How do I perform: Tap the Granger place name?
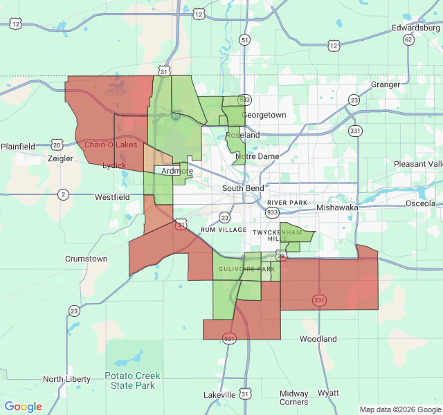386,84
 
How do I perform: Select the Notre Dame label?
257,157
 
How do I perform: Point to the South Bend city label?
243,188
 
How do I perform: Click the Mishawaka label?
337,207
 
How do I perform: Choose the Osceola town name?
420,203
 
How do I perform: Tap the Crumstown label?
86,259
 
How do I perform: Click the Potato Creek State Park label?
133,380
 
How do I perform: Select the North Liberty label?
66,379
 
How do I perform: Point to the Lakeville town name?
219,395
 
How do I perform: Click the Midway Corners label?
293,398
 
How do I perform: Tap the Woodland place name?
318,339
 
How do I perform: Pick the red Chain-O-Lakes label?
111,145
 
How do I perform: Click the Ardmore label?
177,171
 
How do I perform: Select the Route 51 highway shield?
244,40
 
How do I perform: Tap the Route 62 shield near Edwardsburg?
408,39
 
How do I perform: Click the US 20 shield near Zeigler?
57,145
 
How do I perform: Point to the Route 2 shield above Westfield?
64,194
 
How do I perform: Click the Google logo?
24,407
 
